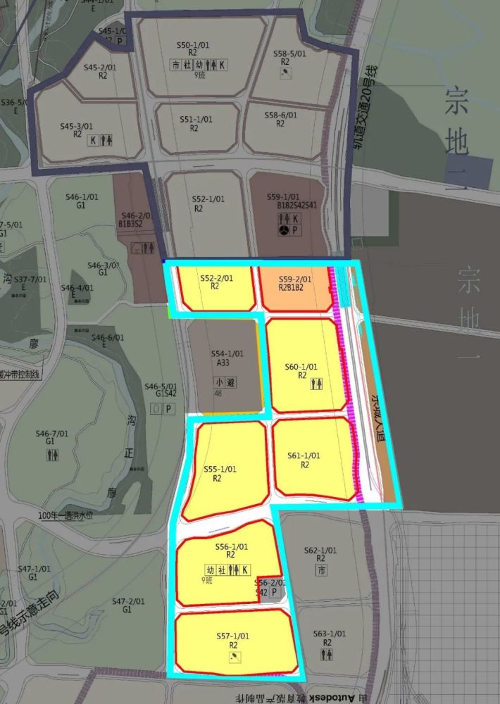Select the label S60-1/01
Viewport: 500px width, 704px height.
[x=301, y=367]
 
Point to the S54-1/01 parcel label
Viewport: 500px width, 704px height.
[x=227, y=353]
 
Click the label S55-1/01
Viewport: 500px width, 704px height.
[x=220, y=470]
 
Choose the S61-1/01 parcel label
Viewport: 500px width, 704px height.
[x=304, y=456]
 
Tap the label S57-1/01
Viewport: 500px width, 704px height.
[x=233, y=636]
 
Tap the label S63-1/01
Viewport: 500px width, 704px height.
[x=329, y=634]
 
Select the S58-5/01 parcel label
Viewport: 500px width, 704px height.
[x=289, y=54]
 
